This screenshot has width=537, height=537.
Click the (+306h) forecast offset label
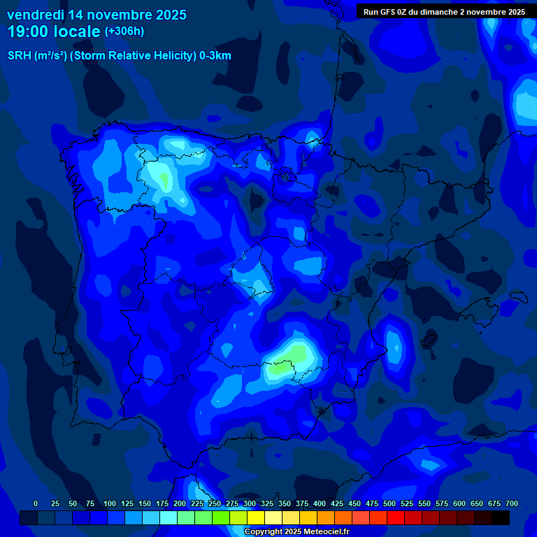click(x=124, y=31)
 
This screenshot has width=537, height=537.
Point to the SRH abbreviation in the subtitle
click(x=19, y=56)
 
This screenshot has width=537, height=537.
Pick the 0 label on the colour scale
click(x=36, y=503)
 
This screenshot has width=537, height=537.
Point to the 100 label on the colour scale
click(x=110, y=503)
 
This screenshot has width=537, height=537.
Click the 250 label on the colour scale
click(x=215, y=503)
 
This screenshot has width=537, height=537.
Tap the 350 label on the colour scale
click(x=285, y=503)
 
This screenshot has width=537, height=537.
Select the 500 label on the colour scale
click(x=389, y=503)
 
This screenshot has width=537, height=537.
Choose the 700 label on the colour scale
click(x=512, y=503)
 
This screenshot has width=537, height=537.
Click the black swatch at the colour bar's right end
click(x=501, y=518)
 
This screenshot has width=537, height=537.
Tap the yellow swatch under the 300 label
click(x=256, y=518)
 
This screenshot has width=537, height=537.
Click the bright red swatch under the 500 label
click(x=396, y=518)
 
